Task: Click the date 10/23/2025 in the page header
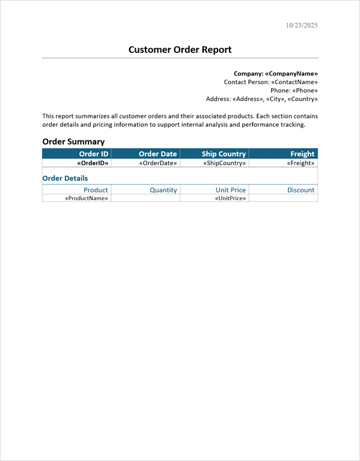pos(302,25)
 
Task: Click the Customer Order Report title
pos(180,50)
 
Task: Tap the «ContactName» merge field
pos(294,82)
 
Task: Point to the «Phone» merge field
pos(305,90)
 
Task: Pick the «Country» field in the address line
pos(303,99)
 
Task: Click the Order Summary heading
pos(73,142)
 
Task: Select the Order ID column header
pos(94,154)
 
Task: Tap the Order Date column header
pos(158,154)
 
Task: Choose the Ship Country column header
pos(224,154)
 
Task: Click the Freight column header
pos(302,154)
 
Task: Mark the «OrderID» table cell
pos(93,163)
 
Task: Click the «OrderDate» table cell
pos(158,163)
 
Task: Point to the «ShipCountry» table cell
pos(225,163)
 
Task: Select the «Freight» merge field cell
pos(301,163)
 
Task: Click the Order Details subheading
pos(65,179)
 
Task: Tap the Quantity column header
pos(163,190)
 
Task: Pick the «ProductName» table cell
pos(87,198)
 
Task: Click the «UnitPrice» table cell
pos(230,198)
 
